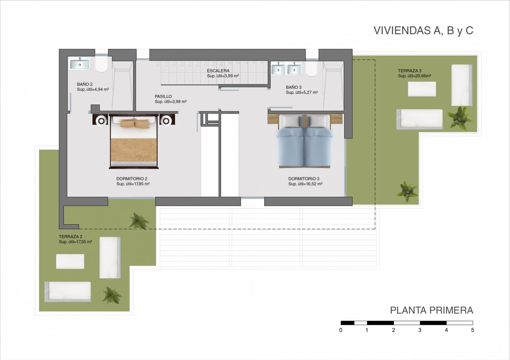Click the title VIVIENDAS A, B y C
point(423,31)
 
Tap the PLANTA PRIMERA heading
point(431,310)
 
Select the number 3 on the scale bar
point(420,330)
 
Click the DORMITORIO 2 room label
point(132,179)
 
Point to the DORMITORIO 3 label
point(304,179)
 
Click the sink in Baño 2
point(80,64)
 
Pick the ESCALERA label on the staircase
point(218,71)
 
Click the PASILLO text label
point(163,96)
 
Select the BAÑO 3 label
point(294,87)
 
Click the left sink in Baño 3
point(278,69)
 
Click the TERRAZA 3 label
point(409,71)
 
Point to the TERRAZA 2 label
point(70,237)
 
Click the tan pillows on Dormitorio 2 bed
point(135,123)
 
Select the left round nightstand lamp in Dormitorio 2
point(101,120)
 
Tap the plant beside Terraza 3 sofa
point(459,118)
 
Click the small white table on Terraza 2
point(70,261)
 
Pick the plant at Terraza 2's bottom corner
point(112,295)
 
